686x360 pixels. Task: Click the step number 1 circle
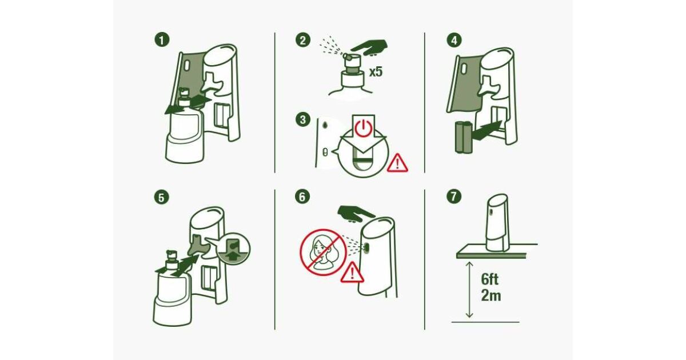[162, 40]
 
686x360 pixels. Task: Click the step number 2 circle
[302, 40]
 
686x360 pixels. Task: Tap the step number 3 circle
[302, 119]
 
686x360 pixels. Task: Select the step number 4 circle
[454, 40]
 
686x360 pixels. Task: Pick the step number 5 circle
[161, 198]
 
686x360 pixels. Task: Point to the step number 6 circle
[302, 197]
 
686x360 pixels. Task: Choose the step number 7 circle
[454, 197]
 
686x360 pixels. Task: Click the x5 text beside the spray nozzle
[376, 72]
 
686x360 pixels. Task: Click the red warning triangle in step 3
[397, 163]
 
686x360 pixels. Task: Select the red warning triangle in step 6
[352, 273]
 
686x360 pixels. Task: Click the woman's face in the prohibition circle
[319, 249]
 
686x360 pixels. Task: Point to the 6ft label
[490, 279]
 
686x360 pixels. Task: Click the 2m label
[491, 295]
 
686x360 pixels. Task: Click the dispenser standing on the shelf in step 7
[497, 223]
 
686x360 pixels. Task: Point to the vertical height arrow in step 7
[469, 290]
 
